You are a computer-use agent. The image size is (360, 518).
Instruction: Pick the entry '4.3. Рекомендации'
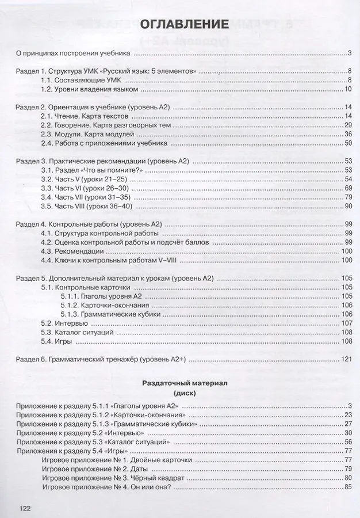(x=70, y=251)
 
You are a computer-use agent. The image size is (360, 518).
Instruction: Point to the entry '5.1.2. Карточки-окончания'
(x=104, y=304)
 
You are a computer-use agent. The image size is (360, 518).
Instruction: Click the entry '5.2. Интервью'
(x=61, y=323)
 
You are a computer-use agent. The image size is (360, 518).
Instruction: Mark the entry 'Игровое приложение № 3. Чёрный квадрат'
(x=109, y=479)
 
